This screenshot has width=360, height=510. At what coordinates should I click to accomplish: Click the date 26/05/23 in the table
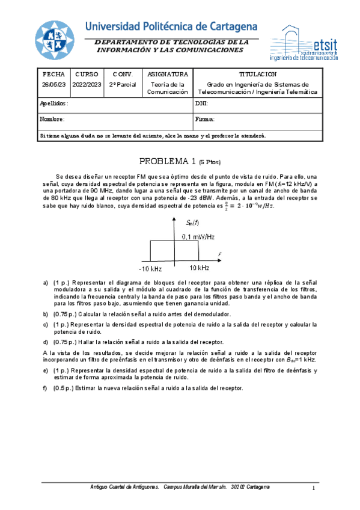[53, 85]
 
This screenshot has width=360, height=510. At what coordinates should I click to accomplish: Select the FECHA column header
[53, 74]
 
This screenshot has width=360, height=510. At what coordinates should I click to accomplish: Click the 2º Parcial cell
[123, 85]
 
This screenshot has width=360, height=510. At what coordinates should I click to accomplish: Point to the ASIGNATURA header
[168, 74]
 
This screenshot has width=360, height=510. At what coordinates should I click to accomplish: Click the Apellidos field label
[54, 103]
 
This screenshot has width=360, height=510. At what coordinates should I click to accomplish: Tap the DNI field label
[201, 103]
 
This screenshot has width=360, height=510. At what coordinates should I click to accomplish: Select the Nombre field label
[52, 119]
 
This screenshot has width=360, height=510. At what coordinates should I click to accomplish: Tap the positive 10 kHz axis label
[198, 267]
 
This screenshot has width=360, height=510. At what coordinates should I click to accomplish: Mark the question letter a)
[46, 282]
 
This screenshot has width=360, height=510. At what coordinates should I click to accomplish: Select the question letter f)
[45, 388]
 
